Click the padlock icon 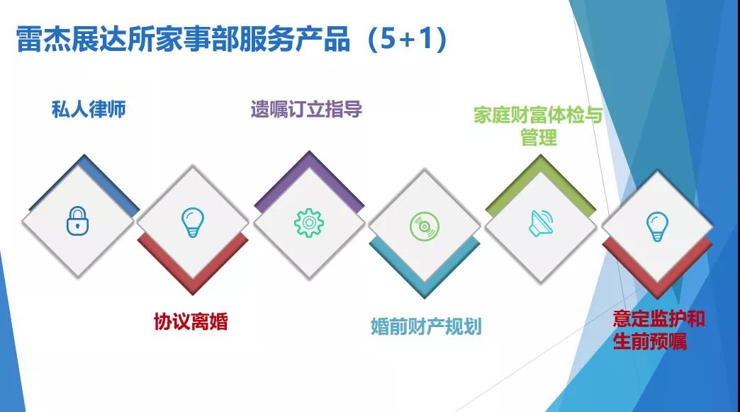point(78,221)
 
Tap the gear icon point(308,222)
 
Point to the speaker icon point(541,223)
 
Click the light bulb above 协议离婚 point(193,222)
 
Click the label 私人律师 point(89,109)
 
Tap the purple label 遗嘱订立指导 point(306,109)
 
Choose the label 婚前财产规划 point(426,326)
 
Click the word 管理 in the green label point(539,137)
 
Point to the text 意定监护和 point(658,319)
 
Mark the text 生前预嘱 point(650,341)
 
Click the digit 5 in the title point(388,38)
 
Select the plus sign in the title point(406,40)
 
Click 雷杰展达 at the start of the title point(72,38)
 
